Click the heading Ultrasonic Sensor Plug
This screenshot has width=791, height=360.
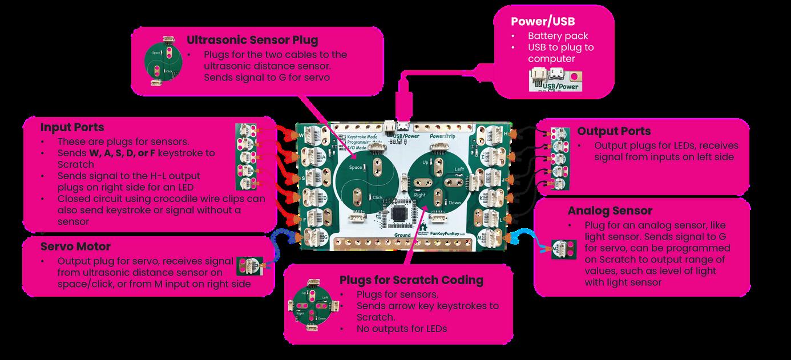pos(252,41)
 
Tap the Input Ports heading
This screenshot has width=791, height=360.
pos(72,127)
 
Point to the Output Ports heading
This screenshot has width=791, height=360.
pos(614,131)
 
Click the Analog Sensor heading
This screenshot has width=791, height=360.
pos(610,211)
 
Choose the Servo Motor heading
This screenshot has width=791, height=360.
pos(75,246)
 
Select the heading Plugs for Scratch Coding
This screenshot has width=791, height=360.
pos(411,280)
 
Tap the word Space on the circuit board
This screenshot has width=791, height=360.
pos(356,167)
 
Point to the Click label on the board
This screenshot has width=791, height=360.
pos(377,197)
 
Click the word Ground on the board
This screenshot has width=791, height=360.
pos(403,234)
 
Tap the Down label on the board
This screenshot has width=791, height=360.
pos(454,203)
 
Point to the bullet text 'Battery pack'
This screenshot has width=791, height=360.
pos(550,36)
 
